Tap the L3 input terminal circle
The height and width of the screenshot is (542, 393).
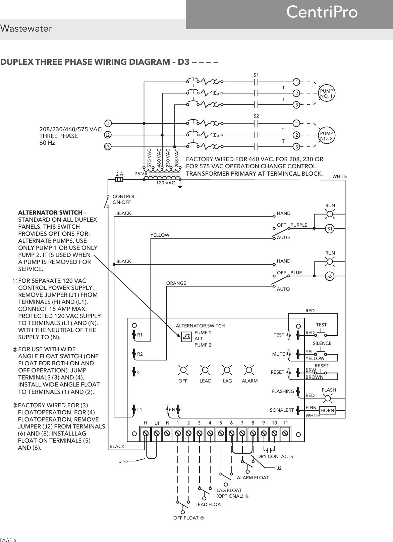tap(107, 147)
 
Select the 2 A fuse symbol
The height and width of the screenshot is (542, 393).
tap(119, 180)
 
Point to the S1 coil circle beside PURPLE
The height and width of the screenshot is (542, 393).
tap(330, 229)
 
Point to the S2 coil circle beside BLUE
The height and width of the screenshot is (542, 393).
tap(330, 276)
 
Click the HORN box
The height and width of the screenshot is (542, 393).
tap(327, 410)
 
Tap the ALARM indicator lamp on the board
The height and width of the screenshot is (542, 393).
tap(249, 370)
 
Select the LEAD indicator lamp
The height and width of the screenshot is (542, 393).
tap(205, 370)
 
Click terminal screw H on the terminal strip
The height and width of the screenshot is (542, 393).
tap(146, 434)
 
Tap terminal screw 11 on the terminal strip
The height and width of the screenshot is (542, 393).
tap(285, 434)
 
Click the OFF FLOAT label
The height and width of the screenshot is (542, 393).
tap(188, 518)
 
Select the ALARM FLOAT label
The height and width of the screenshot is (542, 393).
tap(253, 477)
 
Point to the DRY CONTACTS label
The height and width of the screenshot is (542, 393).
tap(275, 456)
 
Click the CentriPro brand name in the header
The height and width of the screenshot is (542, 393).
tap(322, 12)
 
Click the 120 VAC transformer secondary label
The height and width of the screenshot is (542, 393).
tap(166, 183)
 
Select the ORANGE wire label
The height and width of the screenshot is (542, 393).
tap(176, 283)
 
